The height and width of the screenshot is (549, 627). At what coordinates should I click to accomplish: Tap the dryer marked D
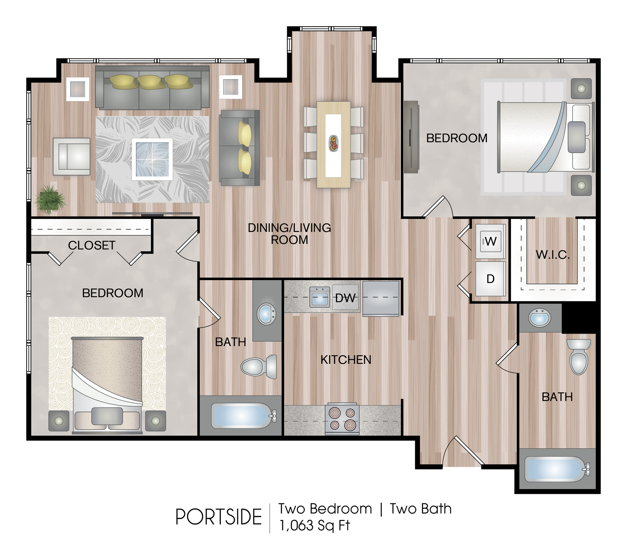(490, 278)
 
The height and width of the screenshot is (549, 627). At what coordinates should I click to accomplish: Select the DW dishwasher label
(345, 298)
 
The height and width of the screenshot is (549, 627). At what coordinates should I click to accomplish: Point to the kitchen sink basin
(320, 297)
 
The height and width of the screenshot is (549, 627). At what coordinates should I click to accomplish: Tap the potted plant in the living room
(50, 199)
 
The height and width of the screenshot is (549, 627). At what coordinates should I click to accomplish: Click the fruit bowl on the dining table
(333, 143)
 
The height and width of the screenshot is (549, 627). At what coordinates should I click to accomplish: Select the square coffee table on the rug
(152, 159)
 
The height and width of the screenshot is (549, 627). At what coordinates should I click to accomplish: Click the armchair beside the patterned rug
(72, 157)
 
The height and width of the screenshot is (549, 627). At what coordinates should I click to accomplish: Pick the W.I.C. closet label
(553, 255)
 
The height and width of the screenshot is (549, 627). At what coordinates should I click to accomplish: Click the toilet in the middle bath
(259, 367)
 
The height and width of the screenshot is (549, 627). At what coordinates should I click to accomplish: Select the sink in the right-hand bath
(540, 318)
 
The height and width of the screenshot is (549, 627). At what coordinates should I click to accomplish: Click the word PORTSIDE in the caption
(219, 517)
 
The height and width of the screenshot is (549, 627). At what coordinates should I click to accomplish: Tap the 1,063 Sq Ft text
(314, 526)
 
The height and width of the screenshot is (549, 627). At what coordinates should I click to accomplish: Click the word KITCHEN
(346, 360)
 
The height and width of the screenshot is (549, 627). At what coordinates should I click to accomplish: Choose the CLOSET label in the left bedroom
(92, 245)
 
